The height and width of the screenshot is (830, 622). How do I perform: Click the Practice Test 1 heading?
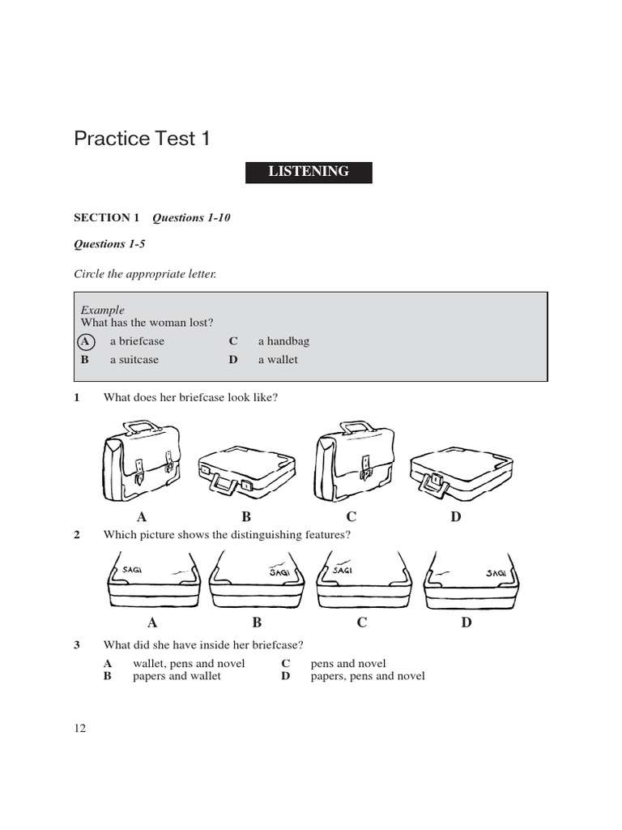coord(142,139)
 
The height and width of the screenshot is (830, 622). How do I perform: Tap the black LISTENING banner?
coord(309,172)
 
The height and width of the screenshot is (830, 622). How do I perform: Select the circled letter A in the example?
coord(85,341)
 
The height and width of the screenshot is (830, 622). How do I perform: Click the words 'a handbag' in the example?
coord(283,341)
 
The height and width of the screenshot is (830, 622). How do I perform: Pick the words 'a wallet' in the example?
coord(278,359)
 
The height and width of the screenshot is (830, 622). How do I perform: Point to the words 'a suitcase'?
coord(134,359)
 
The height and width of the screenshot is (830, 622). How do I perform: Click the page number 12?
coord(79,728)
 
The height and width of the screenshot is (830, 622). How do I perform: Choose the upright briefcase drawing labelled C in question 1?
coord(354,460)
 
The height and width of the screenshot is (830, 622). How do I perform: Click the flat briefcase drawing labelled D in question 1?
coord(460,471)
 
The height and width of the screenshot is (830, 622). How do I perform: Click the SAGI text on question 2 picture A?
coord(132,570)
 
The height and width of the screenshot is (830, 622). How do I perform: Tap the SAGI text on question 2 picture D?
coord(496,573)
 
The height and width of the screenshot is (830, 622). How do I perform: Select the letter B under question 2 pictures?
coord(257,622)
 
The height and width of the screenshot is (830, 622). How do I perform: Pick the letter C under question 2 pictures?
coord(362,622)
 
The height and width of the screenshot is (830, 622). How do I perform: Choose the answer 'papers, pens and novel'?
coord(368,676)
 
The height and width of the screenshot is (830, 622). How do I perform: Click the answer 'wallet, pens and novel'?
coord(189,664)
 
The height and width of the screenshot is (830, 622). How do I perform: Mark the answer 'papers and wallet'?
coord(177,676)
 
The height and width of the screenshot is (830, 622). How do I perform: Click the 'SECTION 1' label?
coord(107,217)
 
